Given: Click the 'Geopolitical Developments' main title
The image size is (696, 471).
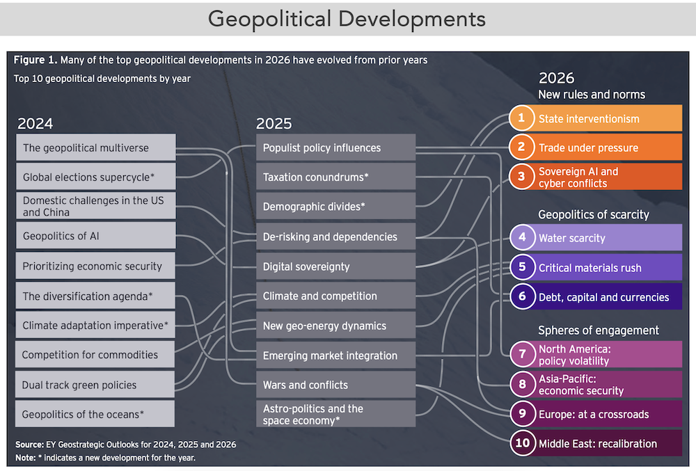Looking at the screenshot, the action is pos(347,19).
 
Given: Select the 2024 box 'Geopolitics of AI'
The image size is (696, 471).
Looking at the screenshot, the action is pos(95,235).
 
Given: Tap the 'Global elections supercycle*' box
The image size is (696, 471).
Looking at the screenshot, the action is pos(95,177).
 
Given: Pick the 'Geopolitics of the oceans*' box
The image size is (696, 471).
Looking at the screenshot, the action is pos(95,414).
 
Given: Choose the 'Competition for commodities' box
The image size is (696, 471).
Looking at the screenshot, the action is pos(95,354).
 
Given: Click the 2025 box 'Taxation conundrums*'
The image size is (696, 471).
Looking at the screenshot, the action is pos(335,177).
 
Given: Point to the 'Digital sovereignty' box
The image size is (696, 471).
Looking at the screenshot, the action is pos(335,266).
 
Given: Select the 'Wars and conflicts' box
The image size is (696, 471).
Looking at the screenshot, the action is pos(335,385).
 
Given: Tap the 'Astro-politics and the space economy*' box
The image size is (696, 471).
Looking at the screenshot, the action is pos(335,414).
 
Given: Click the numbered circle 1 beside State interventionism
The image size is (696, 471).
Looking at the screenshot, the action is pos(521,118).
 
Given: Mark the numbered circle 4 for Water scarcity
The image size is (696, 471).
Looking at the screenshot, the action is pos(523,237).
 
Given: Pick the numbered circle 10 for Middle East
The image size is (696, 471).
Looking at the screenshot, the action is pos(523,443).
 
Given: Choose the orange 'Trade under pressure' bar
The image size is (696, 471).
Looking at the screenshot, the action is pos(595,147).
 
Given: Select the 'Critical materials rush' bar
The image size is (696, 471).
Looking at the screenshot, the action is pos(596,267).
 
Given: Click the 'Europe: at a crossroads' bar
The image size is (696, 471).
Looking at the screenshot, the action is pos(596,414).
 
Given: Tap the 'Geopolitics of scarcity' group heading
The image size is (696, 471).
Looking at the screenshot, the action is pos(594,215).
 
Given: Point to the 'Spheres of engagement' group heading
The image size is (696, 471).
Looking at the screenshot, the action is pos(599,330).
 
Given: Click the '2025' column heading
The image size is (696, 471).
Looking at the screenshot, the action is pos(274,123).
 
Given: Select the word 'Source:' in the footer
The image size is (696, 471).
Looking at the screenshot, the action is pos(29,445).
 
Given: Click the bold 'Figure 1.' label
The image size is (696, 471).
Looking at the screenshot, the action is pos(35,60).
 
